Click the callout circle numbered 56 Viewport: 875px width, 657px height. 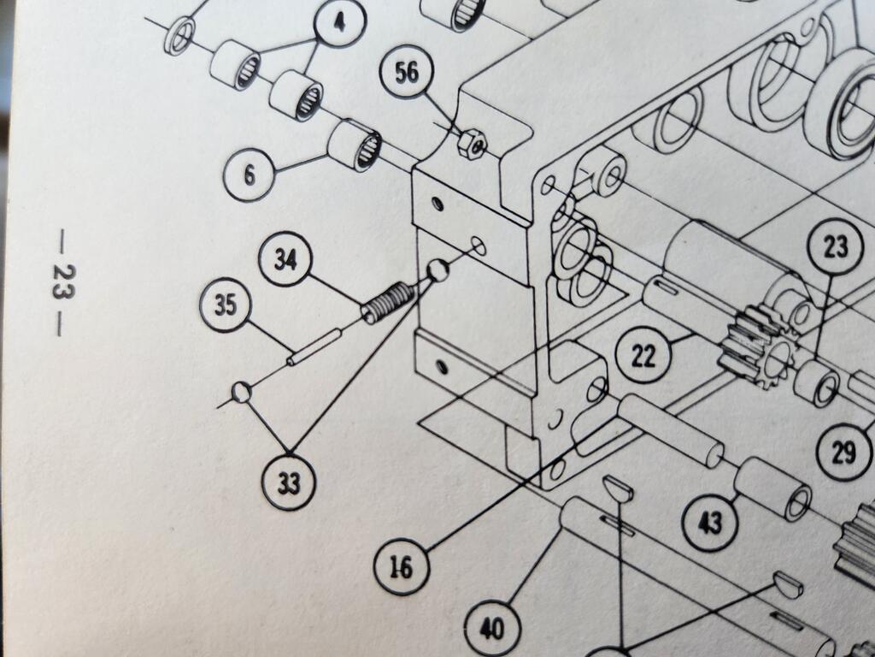[408, 74]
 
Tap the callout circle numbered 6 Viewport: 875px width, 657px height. [250, 175]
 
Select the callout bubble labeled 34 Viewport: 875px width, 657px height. [286, 259]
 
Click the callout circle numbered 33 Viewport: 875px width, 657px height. [289, 483]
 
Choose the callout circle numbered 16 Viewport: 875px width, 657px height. [402, 567]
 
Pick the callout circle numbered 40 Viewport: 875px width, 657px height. [490, 630]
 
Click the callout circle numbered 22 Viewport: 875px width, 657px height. [643, 355]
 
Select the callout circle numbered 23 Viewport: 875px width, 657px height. [835, 247]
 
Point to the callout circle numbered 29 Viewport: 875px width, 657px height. [844, 452]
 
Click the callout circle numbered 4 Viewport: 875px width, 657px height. [341, 23]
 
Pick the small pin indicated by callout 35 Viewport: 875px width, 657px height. [314, 346]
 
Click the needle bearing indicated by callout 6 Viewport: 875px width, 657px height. [355, 145]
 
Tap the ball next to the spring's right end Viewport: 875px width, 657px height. [437, 271]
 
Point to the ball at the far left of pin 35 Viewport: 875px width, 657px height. [241, 393]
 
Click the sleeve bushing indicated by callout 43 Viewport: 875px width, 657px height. [772, 488]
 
